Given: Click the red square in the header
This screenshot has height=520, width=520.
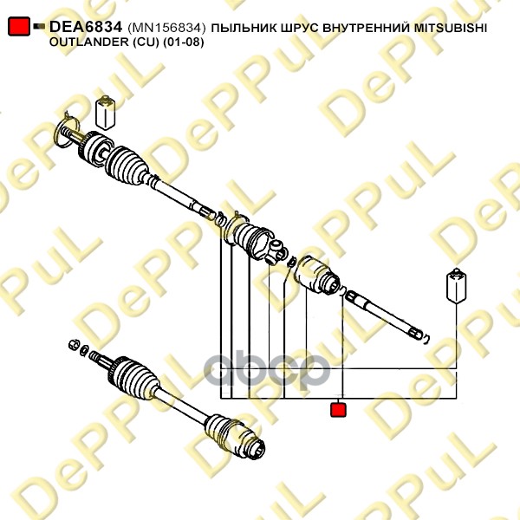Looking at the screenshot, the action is (19, 26).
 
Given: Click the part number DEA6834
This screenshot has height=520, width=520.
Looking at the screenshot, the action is (86, 27).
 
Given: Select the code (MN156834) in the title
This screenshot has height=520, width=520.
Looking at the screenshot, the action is (166, 29).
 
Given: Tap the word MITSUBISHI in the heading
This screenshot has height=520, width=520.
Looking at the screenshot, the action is (451, 29).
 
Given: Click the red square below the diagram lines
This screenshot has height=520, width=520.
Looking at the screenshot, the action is (338, 409).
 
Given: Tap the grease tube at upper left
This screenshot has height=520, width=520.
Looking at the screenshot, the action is (106, 113).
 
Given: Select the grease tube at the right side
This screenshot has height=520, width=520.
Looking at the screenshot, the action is (457, 285).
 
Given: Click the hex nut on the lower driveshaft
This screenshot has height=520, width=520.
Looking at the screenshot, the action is (74, 345).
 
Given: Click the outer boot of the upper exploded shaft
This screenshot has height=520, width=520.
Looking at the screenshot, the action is (126, 164).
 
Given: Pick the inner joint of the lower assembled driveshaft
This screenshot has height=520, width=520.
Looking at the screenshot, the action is (235, 435).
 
